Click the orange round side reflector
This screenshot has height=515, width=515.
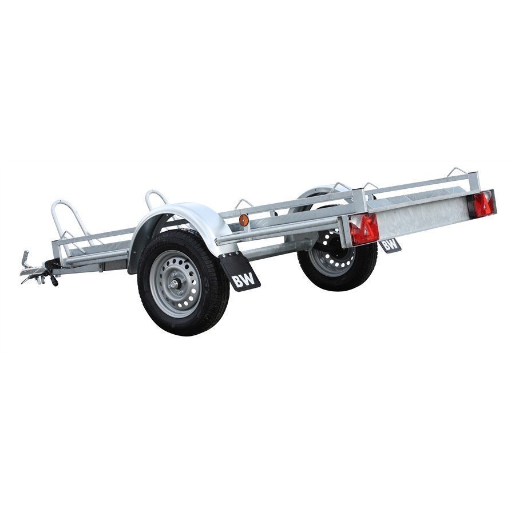pyautogui.click(x=243, y=220)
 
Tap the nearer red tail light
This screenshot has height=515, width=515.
pyautogui.click(x=364, y=229)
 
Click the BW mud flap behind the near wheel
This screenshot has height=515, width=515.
pyautogui.click(x=240, y=271)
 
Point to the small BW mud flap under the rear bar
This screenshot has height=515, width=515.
pyautogui.click(x=390, y=245)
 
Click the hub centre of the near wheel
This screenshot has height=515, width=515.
pyautogui.click(x=174, y=284)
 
